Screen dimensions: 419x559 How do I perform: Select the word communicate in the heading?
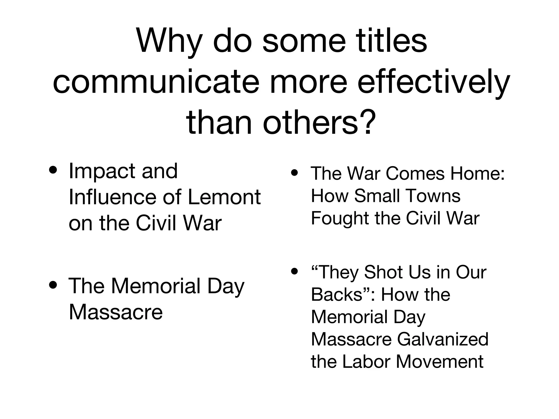[156, 82]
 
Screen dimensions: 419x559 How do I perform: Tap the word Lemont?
[224, 197]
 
